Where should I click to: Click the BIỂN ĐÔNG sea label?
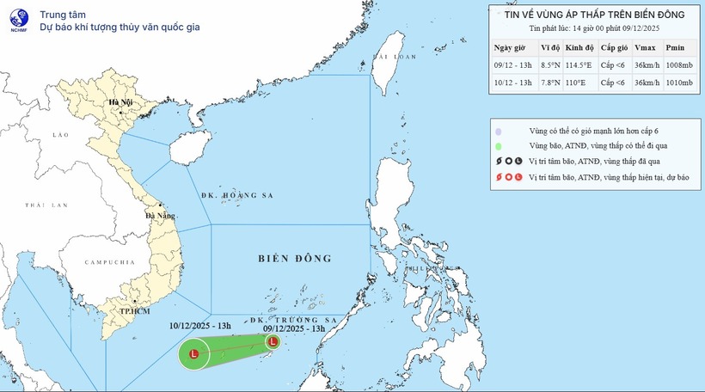tap(294, 258)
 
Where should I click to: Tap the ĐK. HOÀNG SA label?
tap(236, 196)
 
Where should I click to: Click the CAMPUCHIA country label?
tap(110, 261)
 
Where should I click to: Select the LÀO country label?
tap(59, 135)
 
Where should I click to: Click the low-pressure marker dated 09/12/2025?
tap(273, 341)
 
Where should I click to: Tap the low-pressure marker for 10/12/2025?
tap(193, 353)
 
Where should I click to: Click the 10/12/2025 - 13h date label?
tap(199, 326)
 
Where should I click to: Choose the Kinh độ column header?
tap(580, 46)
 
